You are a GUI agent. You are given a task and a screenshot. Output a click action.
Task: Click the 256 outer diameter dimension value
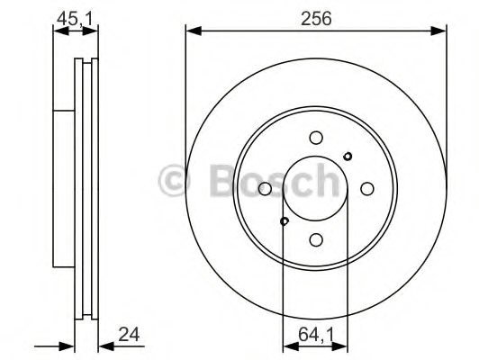pyautogui.click(x=316, y=18)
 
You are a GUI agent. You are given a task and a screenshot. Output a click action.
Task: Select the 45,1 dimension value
pyautogui.click(x=75, y=18)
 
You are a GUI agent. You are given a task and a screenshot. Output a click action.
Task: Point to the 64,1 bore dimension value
pyautogui.click(x=314, y=335)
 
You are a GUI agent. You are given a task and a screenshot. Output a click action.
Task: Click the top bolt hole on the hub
pyautogui.click(x=315, y=138)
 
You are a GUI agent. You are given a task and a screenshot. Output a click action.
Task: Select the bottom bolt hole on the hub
pyautogui.click(x=315, y=240)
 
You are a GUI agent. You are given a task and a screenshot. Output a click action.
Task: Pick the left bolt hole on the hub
pyautogui.click(x=264, y=189)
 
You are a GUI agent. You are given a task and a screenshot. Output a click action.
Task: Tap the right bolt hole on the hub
pyautogui.click(x=366, y=189)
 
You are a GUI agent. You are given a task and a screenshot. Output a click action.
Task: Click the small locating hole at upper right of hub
pyautogui.click(x=348, y=157)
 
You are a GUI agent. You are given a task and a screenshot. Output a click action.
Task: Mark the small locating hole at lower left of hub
pyautogui.click(x=284, y=221)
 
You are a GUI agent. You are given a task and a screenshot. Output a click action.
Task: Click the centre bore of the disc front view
pyautogui.click(x=315, y=189)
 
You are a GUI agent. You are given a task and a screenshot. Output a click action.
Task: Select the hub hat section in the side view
pyautogui.click(x=63, y=189)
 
